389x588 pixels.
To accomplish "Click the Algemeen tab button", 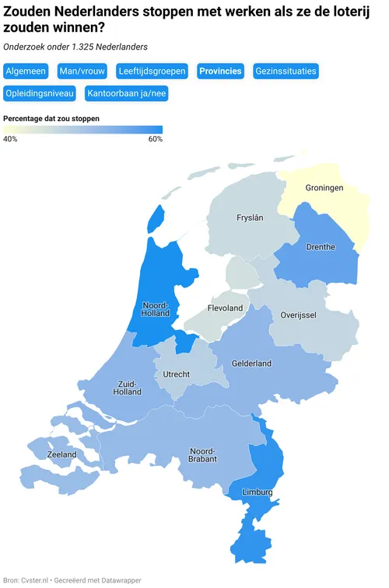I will click(x=26, y=71).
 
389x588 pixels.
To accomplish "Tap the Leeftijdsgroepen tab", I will click(x=152, y=71).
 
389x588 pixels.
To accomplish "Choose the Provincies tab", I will click(x=220, y=71).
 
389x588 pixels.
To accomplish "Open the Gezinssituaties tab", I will click(x=286, y=71).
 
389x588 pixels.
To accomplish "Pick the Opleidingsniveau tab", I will click(x=40, y=94).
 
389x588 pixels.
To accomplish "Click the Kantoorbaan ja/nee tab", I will click(x=126, y=94).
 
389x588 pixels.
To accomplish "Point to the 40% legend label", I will click(x=10, y=139).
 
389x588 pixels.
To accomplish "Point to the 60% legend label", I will click(x=155, y=139).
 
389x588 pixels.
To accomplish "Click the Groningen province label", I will click(x=324, y=188).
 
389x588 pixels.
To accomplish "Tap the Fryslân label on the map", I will click(x=250, y=218).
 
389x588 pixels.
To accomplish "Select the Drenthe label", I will click(x=321, y=247).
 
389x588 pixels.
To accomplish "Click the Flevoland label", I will click(x=225, y=308).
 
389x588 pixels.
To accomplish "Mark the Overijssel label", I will click(x=298, y=315).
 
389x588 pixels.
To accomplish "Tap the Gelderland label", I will click(x=251, y=364).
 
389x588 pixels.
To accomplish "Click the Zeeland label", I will click(x=61, y=454).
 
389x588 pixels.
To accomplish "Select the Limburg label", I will click(x=258, y=492).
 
